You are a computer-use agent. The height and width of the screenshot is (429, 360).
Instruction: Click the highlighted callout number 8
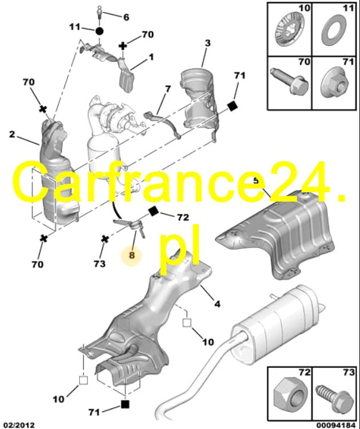(132, 255)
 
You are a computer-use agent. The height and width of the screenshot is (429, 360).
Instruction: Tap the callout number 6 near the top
(126, 18)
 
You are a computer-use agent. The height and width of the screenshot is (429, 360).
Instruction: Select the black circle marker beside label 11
(99, 31)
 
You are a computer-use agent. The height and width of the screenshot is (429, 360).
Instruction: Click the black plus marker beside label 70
(123, 46)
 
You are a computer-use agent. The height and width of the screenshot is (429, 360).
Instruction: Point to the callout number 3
(208, 43)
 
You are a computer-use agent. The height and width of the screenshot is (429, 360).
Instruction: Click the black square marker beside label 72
(153, 211)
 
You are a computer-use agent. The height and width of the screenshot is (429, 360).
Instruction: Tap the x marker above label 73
(105, 239)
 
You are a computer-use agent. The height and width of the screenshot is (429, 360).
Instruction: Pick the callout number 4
(217, 304)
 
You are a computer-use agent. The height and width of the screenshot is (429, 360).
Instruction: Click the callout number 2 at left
(12, 134)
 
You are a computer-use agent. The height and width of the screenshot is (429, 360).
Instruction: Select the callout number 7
(168, 89)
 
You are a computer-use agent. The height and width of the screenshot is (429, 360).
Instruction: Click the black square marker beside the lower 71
(125, 404)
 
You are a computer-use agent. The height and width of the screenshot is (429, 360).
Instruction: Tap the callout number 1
(151, 57)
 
